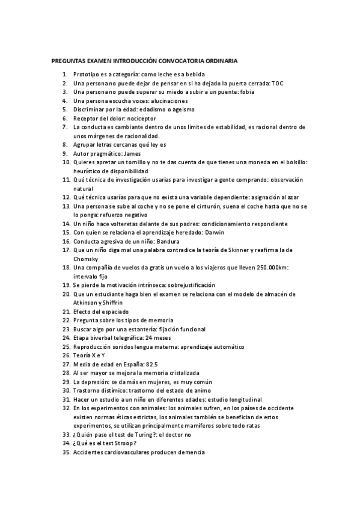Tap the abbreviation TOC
tap(277, 83)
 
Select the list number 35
tap(66, 452)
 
